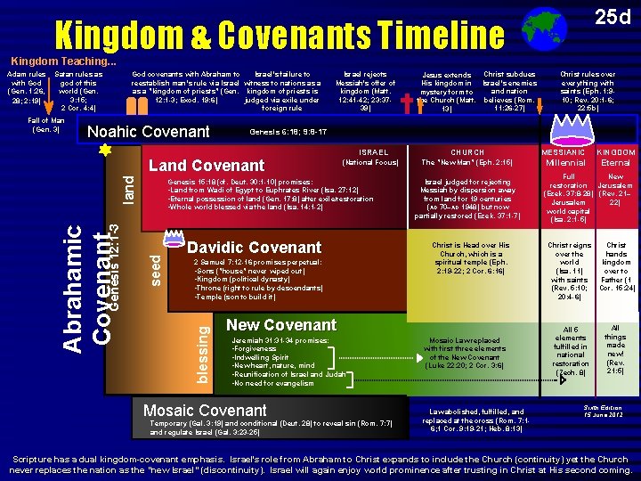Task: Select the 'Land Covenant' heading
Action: coord(206,166)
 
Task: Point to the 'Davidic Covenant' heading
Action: coord(254,247)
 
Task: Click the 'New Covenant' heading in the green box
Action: coord(281,325)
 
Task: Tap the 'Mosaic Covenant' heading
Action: coord(205,410)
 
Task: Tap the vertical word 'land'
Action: coord(128,187)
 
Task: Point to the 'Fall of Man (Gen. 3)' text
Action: coord(44,124)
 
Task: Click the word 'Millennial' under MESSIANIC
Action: coord(565,163)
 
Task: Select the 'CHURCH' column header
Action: coord(467,152)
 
